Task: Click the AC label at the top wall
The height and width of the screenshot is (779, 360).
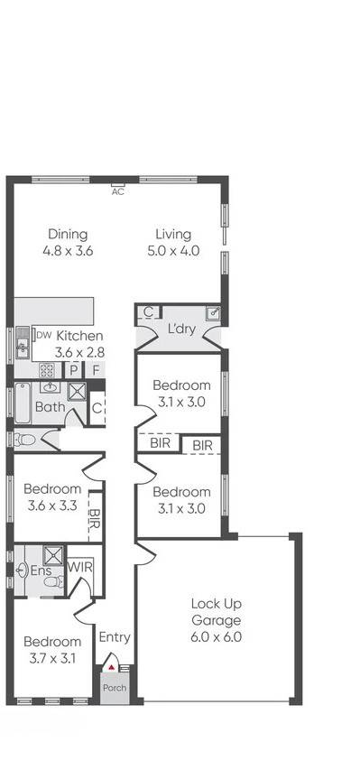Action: (117, 191)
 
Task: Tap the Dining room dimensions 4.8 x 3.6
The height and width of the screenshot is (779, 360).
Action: (68, 251)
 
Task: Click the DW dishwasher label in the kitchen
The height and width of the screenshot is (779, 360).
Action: (42, 336)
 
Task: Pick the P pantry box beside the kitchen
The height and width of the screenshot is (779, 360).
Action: (75, 370)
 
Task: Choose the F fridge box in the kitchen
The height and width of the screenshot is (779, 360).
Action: (95, 370)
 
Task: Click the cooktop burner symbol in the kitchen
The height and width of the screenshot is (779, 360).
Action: (47, 370)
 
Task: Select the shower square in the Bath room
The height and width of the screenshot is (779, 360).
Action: (78, 393)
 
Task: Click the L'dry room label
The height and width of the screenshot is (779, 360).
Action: (181, 329)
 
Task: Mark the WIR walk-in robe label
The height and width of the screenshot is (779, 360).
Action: (81, 567)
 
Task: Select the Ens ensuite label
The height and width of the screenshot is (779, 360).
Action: (42, 570)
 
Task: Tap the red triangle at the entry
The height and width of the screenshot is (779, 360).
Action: (111, 667)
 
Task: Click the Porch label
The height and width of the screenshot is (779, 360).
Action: (115, 688)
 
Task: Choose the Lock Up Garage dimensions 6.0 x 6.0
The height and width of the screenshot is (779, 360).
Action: (216, 636)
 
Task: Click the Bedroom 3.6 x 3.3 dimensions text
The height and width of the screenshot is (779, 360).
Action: (52, 505)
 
